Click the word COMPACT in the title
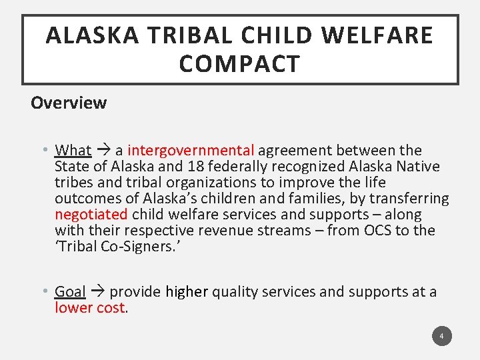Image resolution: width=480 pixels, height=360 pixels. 239,65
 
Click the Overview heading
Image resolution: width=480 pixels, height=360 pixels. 69,103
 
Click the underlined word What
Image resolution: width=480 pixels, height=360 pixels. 73,151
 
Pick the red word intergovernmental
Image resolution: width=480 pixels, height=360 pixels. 191,151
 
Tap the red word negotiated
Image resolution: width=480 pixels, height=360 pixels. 91,215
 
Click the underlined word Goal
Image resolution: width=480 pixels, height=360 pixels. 71,291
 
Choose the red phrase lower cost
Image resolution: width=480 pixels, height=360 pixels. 90,307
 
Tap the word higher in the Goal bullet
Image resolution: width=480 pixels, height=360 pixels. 187,291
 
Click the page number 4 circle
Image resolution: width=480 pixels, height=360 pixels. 441,336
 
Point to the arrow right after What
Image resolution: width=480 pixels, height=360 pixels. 103,151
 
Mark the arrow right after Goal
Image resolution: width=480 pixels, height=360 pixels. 97,291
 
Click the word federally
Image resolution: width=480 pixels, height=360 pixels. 237,167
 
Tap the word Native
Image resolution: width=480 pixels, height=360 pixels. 417,167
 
